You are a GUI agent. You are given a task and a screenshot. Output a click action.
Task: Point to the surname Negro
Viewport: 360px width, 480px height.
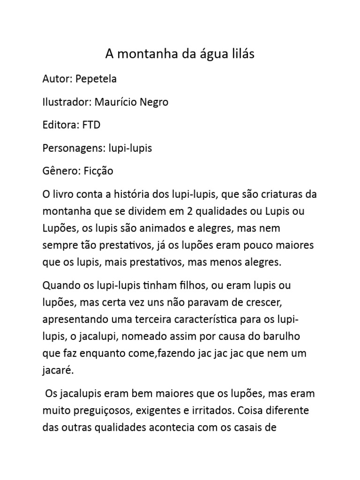[x=153, y=102]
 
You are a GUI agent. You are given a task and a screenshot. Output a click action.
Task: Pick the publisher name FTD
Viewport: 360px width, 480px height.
[x=91, y=125]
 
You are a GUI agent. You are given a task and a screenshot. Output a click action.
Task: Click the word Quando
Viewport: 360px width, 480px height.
[x=59, y=285]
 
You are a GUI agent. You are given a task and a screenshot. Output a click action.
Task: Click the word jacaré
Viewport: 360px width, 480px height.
[x=58, y=371]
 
